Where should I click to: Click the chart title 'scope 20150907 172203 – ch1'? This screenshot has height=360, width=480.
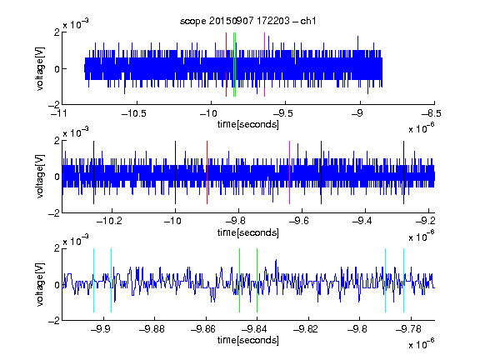[x=247, y=21]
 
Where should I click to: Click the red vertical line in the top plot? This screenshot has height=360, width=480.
[x=226, y=65]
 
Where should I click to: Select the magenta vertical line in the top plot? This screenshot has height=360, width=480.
[x=264, y=65]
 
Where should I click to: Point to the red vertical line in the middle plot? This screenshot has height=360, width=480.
[x=207, y=172]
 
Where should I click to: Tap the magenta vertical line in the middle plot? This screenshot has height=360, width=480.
[x=290, y=172]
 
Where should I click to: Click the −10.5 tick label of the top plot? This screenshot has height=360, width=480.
[x=134, y=113]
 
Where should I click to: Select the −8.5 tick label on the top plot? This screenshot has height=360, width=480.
[x=431, y=113]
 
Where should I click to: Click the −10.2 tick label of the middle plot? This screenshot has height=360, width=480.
[x=109, y=221]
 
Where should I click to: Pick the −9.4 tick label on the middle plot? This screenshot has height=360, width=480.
[x=362, y=221]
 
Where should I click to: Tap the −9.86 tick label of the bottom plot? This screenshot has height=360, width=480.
[x=203, y=329]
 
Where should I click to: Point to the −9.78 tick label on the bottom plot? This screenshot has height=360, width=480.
[x=408, y=329]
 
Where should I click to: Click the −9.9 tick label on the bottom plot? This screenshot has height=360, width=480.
[x=100, y=329]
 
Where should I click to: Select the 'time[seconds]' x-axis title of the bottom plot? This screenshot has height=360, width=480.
[x=248, y=340]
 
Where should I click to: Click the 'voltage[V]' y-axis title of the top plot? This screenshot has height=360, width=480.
[x=40, y=68]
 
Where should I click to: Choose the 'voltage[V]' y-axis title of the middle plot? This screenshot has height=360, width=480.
[x=40, y=177]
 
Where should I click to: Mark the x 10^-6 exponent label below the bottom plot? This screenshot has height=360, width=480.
[x=422, y=343]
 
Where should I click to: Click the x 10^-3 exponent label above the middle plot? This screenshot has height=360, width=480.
[x=76, y=132]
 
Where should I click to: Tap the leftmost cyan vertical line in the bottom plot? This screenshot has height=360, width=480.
[x=93, y=280]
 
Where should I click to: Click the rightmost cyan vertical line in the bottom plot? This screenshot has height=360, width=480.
[x=404, y=280]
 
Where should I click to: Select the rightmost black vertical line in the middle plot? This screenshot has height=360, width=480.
[x=404, y=172]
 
